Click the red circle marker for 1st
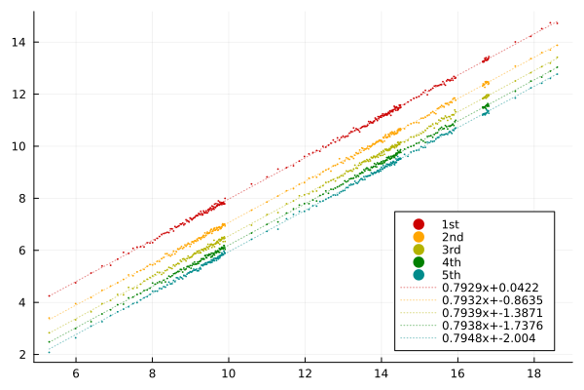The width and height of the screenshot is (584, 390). point(419,224)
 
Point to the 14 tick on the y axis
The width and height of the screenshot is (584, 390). point(19,42)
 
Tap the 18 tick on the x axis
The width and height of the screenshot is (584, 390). point(533,373)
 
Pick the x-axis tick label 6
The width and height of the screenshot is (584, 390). point(76,373)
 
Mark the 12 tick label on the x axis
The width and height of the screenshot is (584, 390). point(305,373)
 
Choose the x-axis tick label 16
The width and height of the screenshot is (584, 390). point(457,373)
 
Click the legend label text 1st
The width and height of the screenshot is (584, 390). point(451,224)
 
